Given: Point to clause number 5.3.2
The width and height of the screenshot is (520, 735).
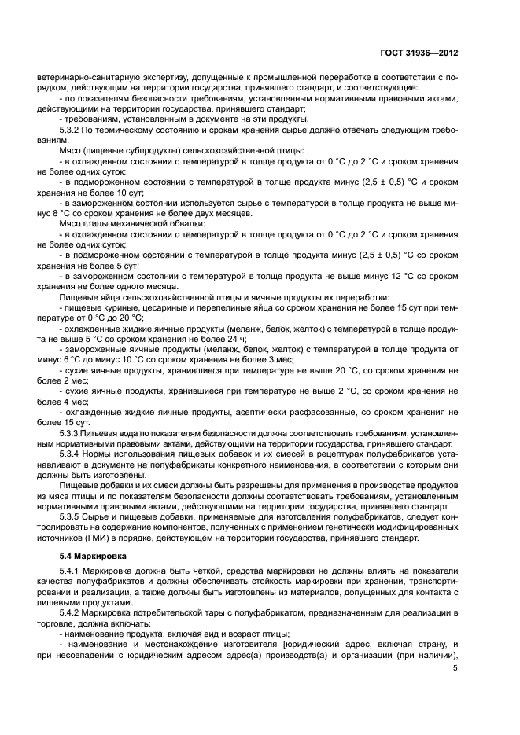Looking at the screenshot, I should (x=72, y=129).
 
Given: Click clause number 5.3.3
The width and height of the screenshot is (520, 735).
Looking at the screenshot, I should (x=72, y=433).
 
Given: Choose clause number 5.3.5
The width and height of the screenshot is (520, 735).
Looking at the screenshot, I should (x=72, y=516).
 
